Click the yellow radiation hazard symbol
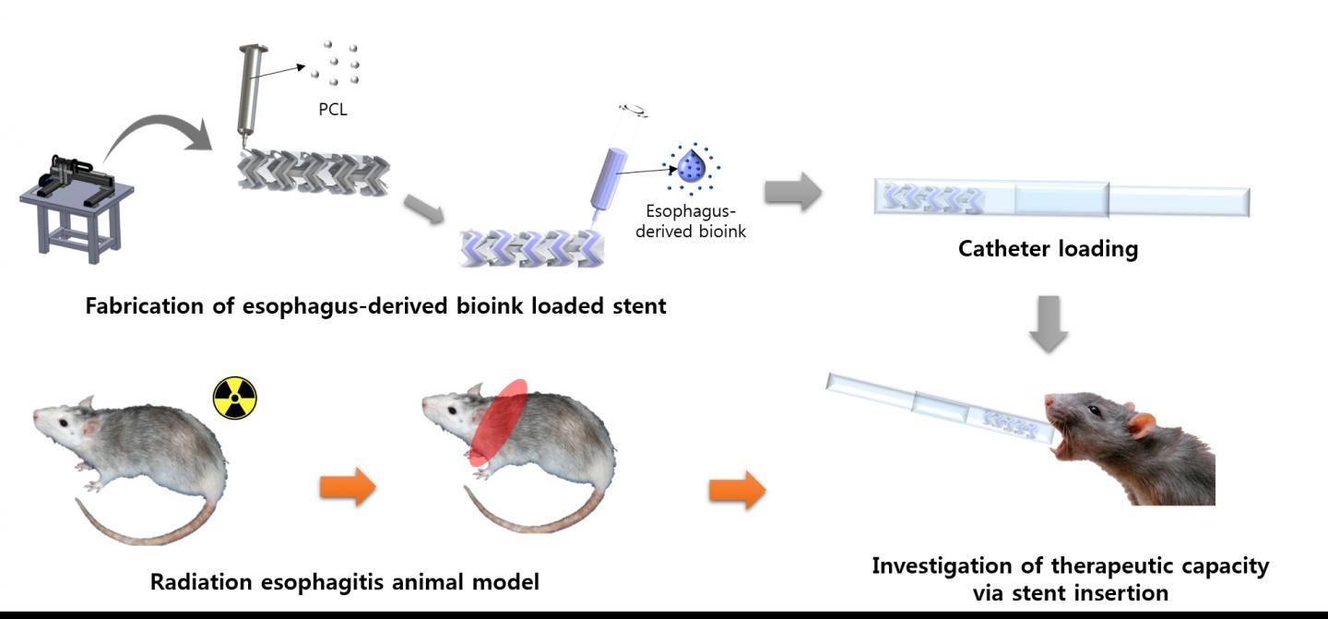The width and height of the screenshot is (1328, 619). pyautogui.click(x=235, y=398)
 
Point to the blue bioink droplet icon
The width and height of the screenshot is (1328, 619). pyautogui.click(x=690, y=167)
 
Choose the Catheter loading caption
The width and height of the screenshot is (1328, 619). pyautogui.click(x=1048, y=249)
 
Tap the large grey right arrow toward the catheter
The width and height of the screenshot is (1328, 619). pyautogui.click(x=792, y=193)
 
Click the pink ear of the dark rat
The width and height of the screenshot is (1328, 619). pyautogui.click(x=1142, y=424)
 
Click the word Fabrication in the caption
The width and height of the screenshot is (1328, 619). pyautogui.click(x=139, y=305)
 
